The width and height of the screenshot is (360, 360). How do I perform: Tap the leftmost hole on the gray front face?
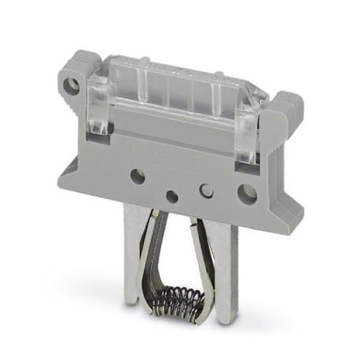coord(137,176)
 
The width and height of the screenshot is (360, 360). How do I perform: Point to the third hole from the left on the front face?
coord(208,189)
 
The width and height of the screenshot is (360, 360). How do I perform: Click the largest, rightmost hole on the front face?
coord(246,191)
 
